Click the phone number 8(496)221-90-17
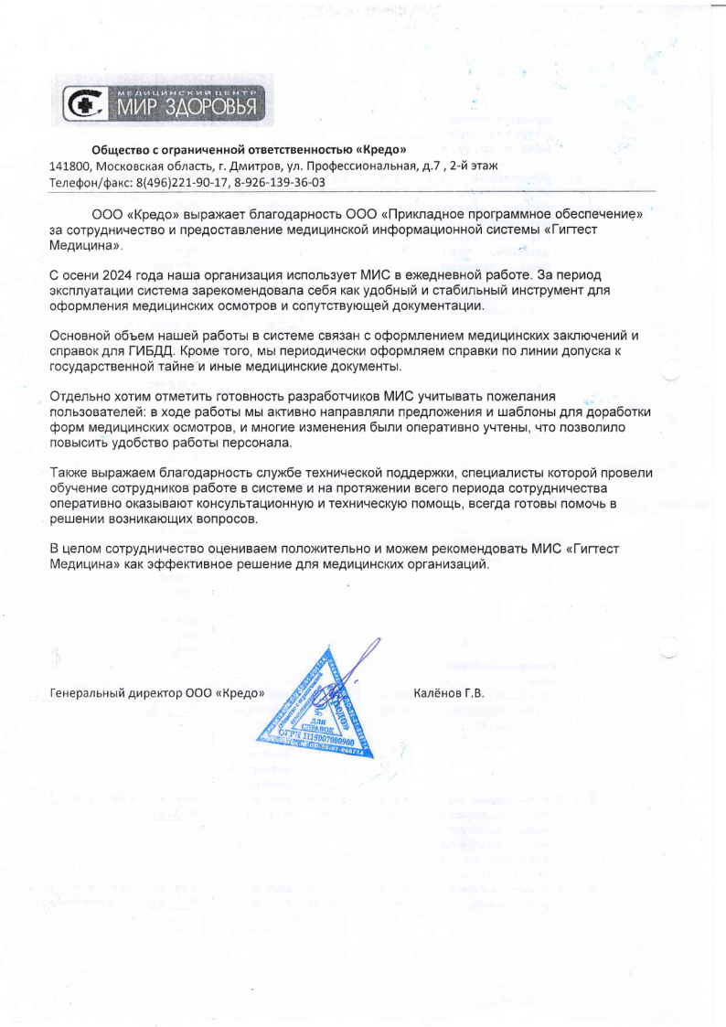coord(183,182)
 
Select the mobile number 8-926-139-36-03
coord(280,182)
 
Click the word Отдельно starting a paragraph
coord(80,397)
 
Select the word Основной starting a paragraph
coord(81,336)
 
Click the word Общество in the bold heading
coord(121,149)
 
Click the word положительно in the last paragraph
coord(326,550)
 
